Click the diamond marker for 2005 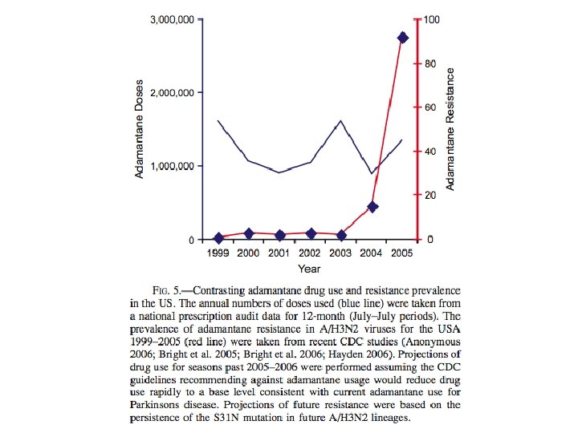[x=403, y=38]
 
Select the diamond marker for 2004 [x=372, y=207]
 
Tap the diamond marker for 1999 [x=218, y=238]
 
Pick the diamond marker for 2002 [x=311, y=233]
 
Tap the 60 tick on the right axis [x=431, y=107]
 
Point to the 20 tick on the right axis [x=431, y=196]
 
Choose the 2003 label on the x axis [x=341, y=253]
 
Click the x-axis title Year [x=309, y=269]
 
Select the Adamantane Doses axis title [x=140, y=129]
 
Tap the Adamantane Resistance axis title [x=450, y=129]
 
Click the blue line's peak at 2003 [x=341, y=121]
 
